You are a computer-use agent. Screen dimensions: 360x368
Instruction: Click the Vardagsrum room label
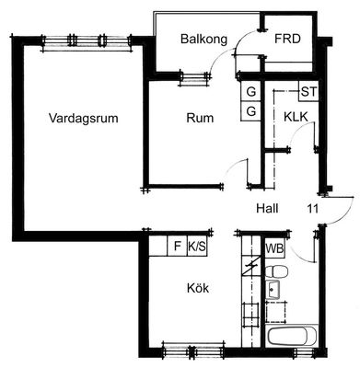click(x=84, y=118)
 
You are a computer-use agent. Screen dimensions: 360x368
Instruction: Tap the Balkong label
click(x=203, y=40)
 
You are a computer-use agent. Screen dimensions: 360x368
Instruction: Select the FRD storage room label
click(x=287, y=39)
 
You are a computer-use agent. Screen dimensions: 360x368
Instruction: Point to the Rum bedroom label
click(x=200, y=118)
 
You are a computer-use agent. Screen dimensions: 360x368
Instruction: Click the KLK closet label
click(x=296, y=117)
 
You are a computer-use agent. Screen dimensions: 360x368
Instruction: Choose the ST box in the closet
click(x=308, y=92)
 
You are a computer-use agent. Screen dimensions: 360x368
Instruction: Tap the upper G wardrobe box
click(x=251, y=92)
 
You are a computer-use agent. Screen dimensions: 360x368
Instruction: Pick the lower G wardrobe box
click(x=251, y=111)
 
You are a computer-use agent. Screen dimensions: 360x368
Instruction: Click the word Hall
click(x=267, y=209)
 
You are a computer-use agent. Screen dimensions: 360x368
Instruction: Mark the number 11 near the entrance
click(x=313, y=209)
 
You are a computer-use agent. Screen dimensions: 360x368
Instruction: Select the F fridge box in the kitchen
click(x=177, y=246)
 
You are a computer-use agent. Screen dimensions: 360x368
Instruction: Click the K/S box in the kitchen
click(x=197, y=246)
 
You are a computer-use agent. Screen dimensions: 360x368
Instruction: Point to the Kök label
click(x=198, y=288)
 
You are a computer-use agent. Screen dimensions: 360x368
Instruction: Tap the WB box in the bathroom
click(x=274, y=247)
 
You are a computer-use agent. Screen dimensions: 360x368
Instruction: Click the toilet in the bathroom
click(x=276, y=271)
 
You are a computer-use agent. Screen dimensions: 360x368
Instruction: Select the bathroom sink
click(x=273, y=290)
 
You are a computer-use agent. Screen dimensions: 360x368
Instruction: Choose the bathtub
click(x=291, y=336)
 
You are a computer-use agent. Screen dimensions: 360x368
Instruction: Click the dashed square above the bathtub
click(x=276, y=311)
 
